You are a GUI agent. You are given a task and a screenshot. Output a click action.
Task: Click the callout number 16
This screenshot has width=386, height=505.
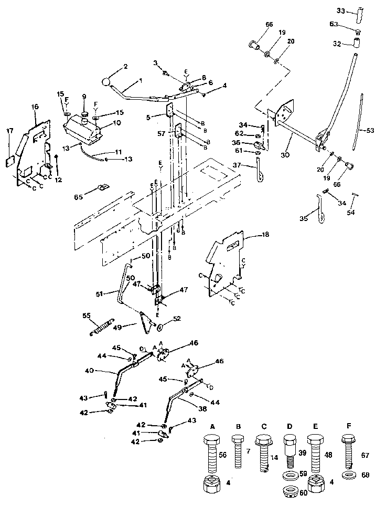[35, 107]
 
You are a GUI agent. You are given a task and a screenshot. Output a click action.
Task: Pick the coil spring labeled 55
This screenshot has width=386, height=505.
[101, 325]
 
